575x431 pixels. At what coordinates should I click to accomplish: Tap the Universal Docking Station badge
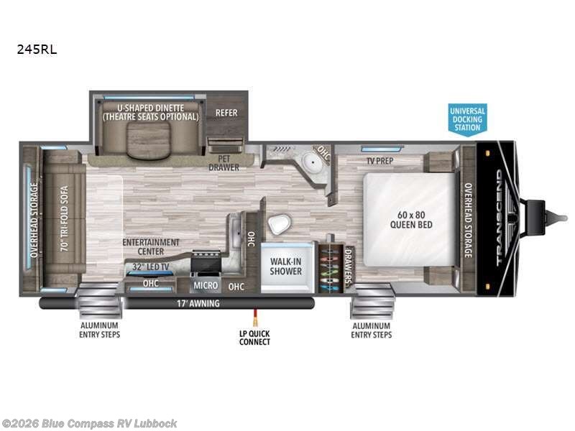(467, 119)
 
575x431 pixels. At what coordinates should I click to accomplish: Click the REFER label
(226, 113)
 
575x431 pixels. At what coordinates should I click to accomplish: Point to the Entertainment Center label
(151, 247)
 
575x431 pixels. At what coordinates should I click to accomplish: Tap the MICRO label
(206, 285)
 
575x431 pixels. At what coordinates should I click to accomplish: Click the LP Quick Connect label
(254, 337)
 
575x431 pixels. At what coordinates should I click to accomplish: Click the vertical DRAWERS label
(349, 267)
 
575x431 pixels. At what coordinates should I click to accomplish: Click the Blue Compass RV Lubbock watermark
(89, 423)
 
